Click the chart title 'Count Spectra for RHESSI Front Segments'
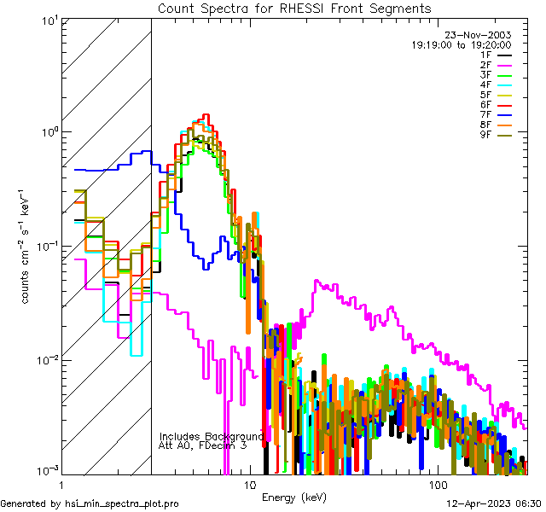(x=294, y=8)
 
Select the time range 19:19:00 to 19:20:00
(x=461, y=44)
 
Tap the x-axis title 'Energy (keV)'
(x=293, y=497)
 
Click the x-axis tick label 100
(x=437, y=485)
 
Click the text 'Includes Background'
(x=212, y=435)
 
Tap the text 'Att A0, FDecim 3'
(x=203, y=445)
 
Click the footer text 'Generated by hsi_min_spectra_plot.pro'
(x=90, y=503)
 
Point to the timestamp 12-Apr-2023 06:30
(x=493, y=503)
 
